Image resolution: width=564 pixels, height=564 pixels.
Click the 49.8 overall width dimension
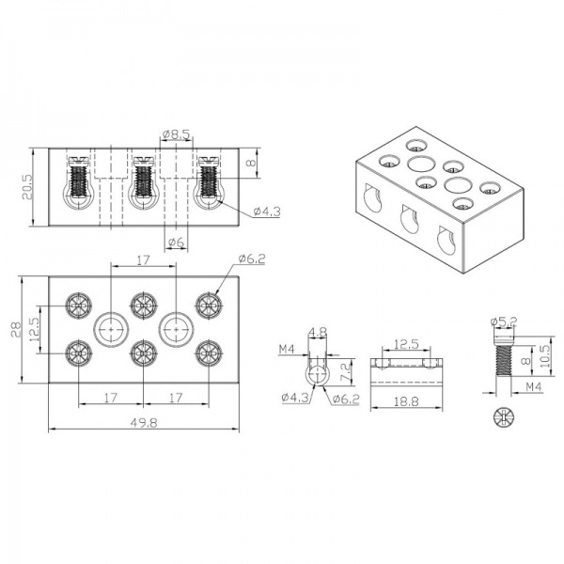click(144, 422)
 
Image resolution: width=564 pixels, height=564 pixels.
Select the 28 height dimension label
click(16, 329)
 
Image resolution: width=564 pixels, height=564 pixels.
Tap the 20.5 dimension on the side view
click(27, 187)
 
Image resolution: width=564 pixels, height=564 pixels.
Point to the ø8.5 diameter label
click(176, 134)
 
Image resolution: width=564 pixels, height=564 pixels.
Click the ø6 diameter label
click(177, 243)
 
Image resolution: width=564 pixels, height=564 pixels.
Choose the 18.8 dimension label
click(406, 401)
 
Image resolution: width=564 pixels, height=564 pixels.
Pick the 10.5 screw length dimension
click(545, 356)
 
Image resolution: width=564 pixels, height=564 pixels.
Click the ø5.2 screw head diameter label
click(504, 321)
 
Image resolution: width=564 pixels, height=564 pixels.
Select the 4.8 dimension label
click(318, 332)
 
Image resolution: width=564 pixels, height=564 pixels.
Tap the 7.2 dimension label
click(344, 371)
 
